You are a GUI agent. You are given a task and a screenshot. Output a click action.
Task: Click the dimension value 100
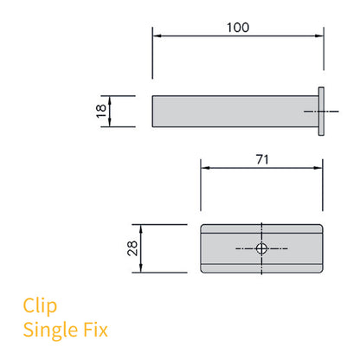click(237, 27)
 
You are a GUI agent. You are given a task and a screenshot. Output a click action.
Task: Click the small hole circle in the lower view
click(262, 248)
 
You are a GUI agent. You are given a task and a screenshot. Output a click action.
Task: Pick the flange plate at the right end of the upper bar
click(321, 111)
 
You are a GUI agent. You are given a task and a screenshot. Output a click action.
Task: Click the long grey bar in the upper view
click(234, 111)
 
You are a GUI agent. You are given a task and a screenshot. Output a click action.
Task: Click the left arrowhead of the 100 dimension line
click(156, 36)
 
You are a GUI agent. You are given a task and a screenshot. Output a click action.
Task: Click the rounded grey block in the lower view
click(234, 248)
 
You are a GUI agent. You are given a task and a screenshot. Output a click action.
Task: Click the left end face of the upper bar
click(155, 111)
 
